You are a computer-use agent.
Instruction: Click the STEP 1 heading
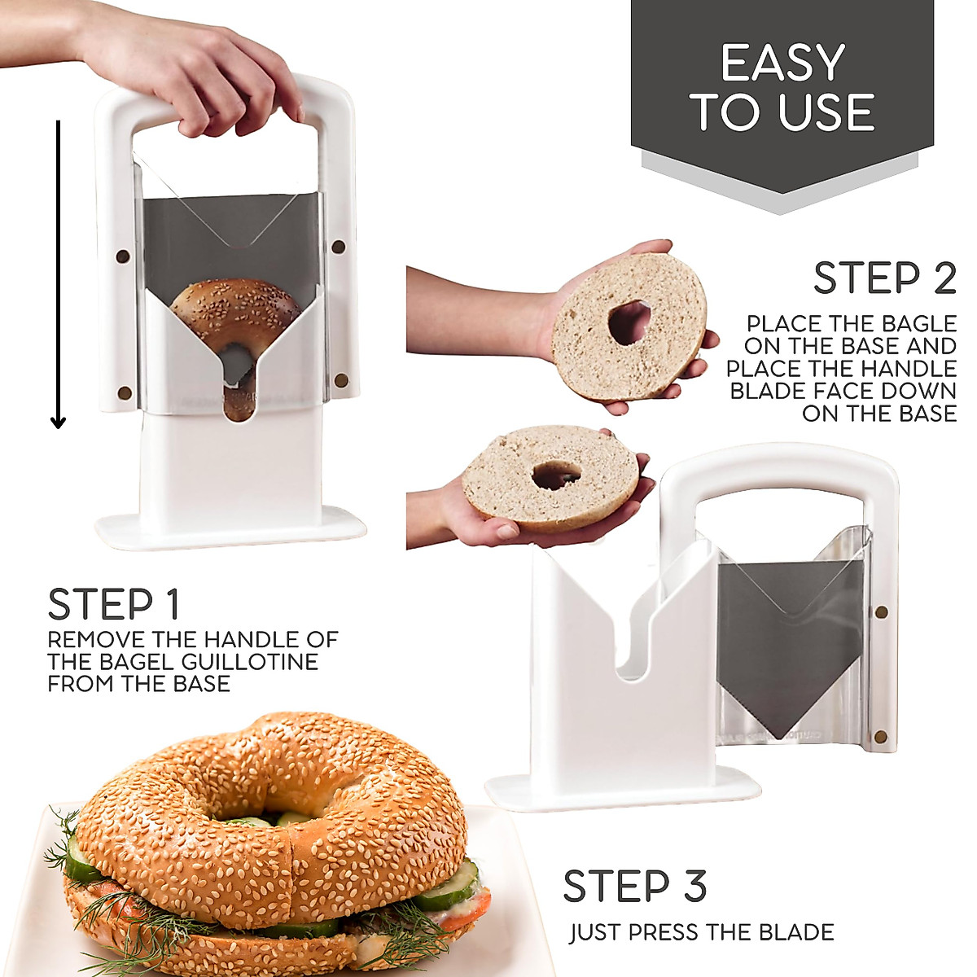pos(113,605)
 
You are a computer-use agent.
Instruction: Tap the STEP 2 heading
pos(884,278)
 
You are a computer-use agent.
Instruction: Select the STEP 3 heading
pos(634,887)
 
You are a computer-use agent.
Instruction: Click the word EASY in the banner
pos(782,63)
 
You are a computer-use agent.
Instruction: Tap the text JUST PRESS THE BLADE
pos(701,932)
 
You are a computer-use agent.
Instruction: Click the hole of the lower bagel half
pos(556,475)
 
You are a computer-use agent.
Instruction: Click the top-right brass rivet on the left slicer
pos(339,247)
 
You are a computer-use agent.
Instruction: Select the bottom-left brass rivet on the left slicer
pos(125,392)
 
